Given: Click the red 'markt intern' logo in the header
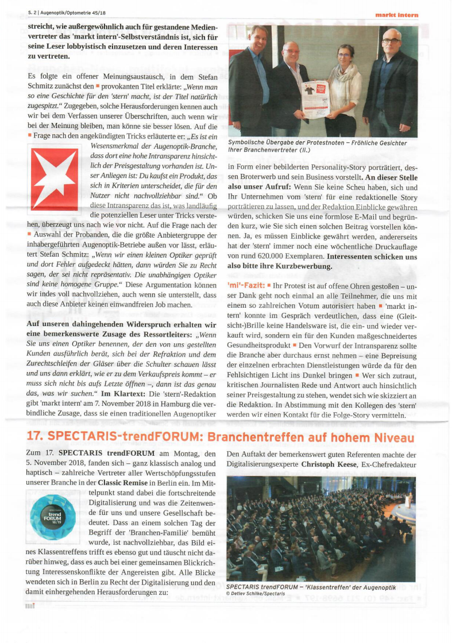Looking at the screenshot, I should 396,14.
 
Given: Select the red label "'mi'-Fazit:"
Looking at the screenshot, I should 246,285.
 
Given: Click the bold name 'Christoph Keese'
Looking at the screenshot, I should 330,464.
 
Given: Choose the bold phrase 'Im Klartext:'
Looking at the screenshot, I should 123,394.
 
